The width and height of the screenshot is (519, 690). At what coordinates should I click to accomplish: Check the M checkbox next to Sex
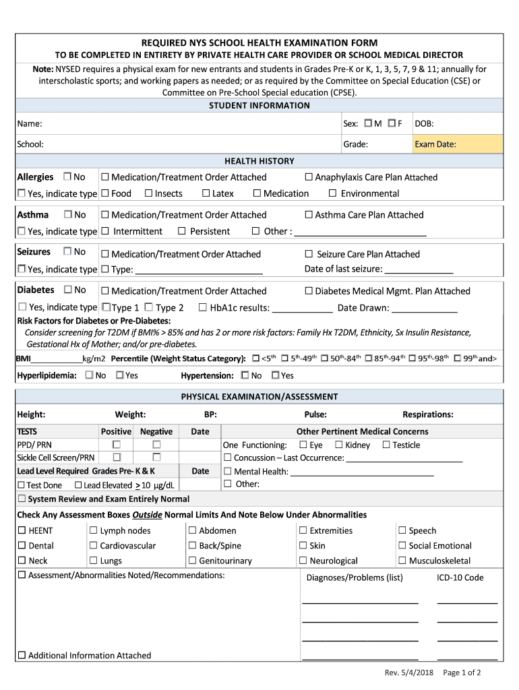[x=368, y=123]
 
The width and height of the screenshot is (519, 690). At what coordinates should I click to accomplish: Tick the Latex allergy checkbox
[x=206, y=193]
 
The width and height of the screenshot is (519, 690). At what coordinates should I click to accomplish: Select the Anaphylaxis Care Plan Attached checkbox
[x=309, y=177]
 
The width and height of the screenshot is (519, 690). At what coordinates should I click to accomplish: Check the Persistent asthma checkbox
[x=182, y=231]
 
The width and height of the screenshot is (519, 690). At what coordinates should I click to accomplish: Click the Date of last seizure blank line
[x=418, y=270]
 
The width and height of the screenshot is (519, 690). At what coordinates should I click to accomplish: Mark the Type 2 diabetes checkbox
[x=148, y=307]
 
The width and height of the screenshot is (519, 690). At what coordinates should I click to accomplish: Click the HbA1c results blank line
[x=302, y=309]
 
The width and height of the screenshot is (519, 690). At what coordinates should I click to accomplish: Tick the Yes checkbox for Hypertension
[x=275, y=375]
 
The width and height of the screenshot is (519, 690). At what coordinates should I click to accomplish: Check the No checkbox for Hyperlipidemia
[x=90, y=375]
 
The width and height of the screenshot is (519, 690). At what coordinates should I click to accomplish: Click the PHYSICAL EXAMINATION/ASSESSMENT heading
[x=259, y=397]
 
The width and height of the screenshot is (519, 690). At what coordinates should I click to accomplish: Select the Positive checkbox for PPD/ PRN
[x=117, y=445]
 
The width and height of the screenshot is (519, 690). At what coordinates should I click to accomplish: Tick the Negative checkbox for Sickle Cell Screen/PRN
[x=156, y=458]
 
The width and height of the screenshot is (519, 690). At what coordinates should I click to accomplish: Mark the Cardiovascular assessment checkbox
[x=94, y=546]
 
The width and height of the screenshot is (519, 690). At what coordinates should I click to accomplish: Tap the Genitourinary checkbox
[x=193, y=561]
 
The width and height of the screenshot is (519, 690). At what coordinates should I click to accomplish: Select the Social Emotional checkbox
[x=402, y=546]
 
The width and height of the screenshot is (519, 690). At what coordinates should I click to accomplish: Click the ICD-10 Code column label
[x=460, y=577]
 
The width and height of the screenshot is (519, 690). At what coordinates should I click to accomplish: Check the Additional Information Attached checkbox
[x=22, y=655]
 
